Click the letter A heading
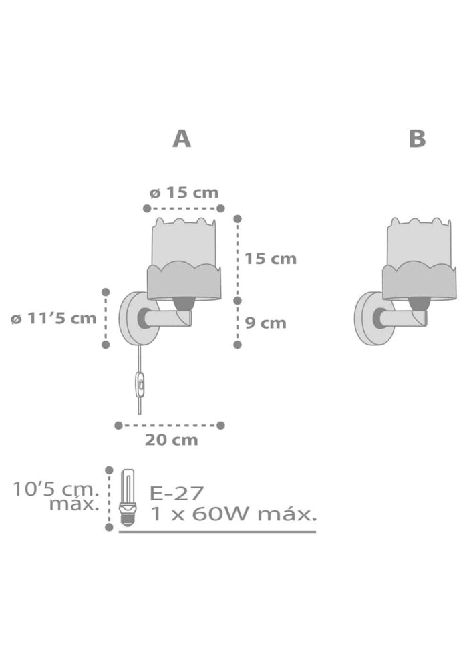tap(182, 139)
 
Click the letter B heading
tap(417, 139)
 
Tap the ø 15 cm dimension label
tap(184, 193)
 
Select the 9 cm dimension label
tap(265, 323)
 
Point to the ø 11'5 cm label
tap(54, 318)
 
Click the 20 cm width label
tap(171, 440)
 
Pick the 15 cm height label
tap(270, 259)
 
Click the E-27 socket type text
tap(176, 494)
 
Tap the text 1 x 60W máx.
tap(234, 514)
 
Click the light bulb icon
tap(129, 498)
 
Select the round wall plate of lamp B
tap(369, 319)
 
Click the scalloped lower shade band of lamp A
tap(184, 282)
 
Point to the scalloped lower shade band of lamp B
tap(420, 282)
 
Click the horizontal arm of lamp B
tap(404, 318)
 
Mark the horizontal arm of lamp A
tap(168, 318)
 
